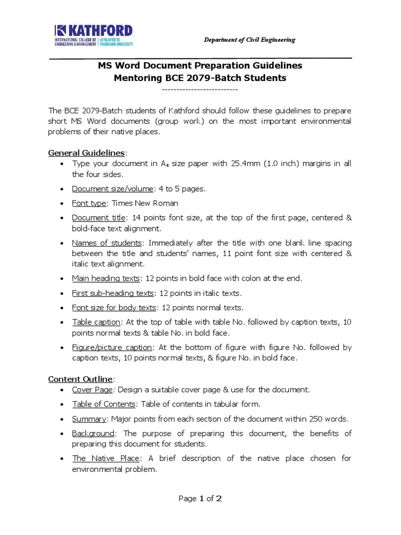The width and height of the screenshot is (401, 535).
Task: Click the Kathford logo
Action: [x=93, y=37]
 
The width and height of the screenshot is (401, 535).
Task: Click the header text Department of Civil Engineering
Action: [x=249, y=40]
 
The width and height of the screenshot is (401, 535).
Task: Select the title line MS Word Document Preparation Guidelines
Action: [x=200, y=66]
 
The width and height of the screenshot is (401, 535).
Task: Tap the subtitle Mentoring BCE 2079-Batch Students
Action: [x=200, y=78]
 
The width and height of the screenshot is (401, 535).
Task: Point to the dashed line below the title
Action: [x=200, y=90]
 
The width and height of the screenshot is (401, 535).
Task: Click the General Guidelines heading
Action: [x=87, y=153]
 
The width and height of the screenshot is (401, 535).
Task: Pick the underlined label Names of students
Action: [x=107, y=243]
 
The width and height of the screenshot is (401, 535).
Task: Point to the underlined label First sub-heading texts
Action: [x=113, y=293]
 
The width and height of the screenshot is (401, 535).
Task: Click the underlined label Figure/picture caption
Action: [x=112, y=347]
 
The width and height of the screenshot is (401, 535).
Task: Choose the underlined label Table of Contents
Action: [x=104, y=404]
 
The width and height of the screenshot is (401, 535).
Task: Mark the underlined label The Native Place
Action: [x=105, y=458]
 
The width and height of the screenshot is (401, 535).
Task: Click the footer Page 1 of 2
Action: [x=200, y=498]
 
